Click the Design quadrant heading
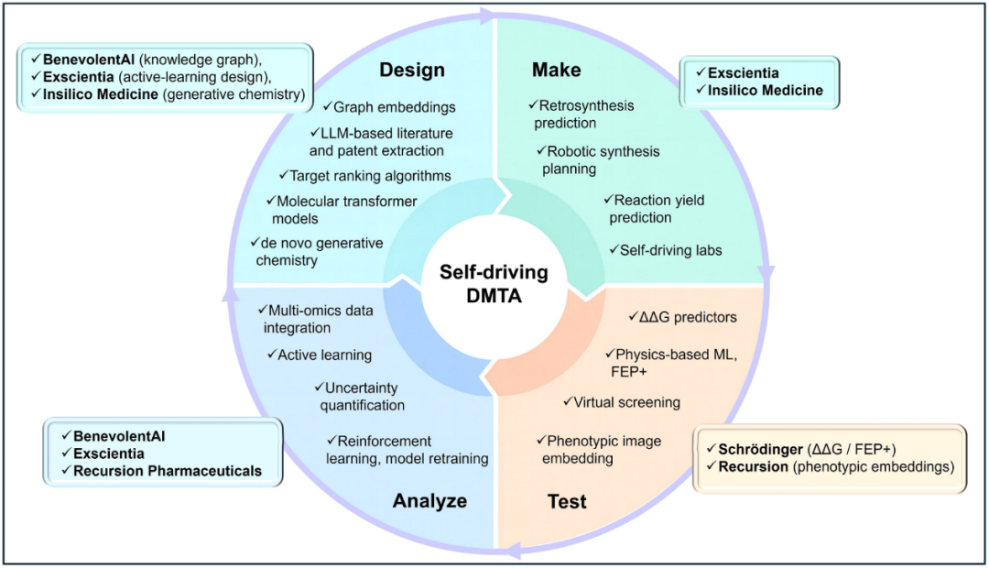pyautogui.click(x=413, y=71)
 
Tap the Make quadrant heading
pyautogui.click(x=556, y=71)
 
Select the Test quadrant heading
pyautogui.click(x=567, y=501)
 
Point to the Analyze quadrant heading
pyautogui.click(x=429, y=500)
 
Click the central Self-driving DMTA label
pyautogui.click(x=494, y=283)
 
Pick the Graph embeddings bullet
pyautogui.click(x=389, y=106)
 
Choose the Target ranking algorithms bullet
pyautogui.click(x=364, y=175)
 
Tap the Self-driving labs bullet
pyautogui.click(x=666, y=249)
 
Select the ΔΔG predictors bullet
pyautogui.click(x=682, y=318)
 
